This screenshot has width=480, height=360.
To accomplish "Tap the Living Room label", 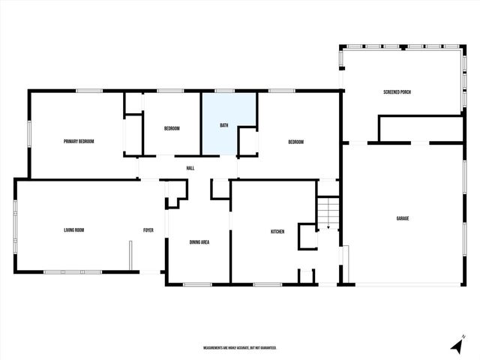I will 73,230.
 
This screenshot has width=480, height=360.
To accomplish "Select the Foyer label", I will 148,230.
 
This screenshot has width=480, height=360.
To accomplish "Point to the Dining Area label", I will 199,241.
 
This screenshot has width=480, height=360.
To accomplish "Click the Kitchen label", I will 277,232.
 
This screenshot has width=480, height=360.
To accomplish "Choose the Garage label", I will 403,218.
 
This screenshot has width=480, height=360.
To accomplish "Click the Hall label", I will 190,168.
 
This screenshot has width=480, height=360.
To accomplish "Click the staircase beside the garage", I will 328,213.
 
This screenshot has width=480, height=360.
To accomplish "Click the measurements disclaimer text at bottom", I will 240,348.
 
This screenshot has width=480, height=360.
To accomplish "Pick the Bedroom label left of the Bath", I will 172,128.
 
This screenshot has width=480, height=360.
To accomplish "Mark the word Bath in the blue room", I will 224,125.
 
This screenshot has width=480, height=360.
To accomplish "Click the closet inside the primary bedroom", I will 133,135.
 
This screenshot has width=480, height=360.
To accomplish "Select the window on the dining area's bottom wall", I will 197,283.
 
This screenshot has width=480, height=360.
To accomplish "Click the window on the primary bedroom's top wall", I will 89,91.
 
